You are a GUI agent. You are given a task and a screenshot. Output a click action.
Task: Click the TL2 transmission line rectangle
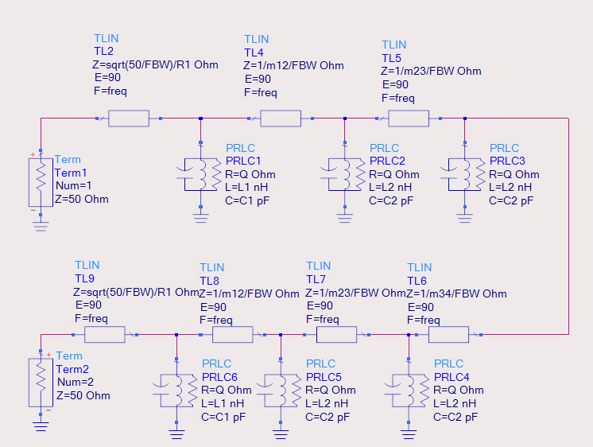coord(129,119)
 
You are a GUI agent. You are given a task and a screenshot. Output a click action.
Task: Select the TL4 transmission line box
coord(281,119)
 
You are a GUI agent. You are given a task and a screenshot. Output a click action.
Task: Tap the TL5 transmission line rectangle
coord(409,119)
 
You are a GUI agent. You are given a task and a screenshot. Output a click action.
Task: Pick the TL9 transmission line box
coord(105,335)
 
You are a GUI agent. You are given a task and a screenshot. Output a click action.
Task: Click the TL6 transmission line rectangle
coord(448,335)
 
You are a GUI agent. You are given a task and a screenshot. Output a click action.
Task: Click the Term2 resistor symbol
coord(41,383)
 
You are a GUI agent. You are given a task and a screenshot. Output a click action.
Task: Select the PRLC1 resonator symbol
coord(200,174)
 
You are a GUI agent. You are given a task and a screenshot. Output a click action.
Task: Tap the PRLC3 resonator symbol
coord(463,174)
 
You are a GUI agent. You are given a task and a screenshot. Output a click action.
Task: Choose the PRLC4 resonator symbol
coord(407,391)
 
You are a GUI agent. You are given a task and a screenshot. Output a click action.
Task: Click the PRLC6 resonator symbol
coord(175,391)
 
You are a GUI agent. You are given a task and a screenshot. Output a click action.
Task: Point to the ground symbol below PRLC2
coord(344,219)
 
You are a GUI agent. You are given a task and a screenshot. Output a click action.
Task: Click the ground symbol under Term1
coord(41,227)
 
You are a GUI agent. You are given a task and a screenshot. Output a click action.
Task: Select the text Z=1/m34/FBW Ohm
coord(456,293)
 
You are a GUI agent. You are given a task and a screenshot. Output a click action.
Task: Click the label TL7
coord(316,279)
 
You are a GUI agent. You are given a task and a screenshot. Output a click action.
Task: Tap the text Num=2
coord(76,383)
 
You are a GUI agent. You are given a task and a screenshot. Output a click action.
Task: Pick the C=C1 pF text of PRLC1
coord(247,200)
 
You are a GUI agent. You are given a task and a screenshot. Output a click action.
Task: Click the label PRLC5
coord(324,377)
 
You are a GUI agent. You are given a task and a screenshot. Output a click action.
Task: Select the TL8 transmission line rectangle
coord(233,335)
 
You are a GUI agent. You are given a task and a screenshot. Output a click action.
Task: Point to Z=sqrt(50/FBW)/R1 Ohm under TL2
coord(155,64)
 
